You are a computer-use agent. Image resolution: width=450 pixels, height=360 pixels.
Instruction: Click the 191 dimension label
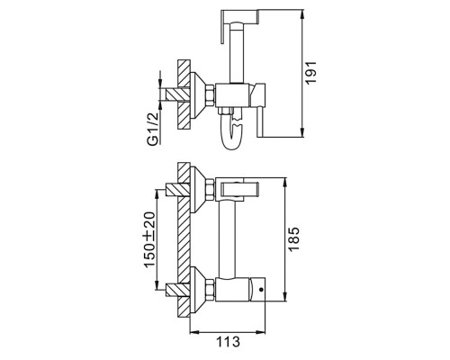pyautogui.click(x=310, y=72)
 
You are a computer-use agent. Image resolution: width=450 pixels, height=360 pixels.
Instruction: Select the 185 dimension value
pyautogui.click(x=293, y=238)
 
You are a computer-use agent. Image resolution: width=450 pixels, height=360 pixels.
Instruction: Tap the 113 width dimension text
pyautogui.click(x=228, y=341)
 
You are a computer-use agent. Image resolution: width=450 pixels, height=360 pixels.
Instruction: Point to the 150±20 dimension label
pyautogui.click(x=149, y=239)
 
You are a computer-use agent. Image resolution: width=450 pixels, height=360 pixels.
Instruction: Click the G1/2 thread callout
pyautogui.click(x=154, y=128)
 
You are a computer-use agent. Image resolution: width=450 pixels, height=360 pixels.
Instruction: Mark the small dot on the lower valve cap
pyautogui.click(x=261, y=290)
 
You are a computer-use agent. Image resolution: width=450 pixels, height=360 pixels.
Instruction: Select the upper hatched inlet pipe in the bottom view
pyautogui.click(x=177, y=189)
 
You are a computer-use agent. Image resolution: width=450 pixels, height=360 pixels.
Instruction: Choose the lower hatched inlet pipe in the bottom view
pyautogui.click(x=177, y=290)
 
